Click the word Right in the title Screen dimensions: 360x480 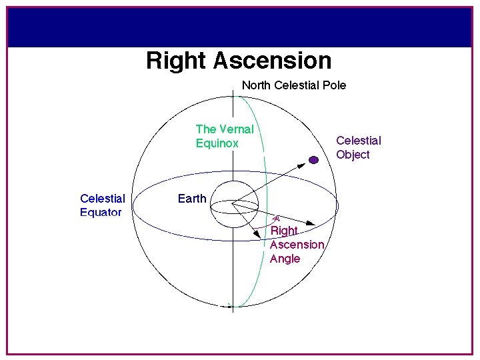(177, 61)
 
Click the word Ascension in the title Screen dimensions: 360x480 (273, 61)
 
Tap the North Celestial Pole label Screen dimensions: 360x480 (293, 85)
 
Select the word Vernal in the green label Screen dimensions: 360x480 (236, 129)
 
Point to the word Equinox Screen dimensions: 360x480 (217, 143)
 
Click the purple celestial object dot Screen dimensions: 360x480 (313, 159)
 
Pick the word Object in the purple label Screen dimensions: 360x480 (353, 155)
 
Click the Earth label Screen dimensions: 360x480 (192, 199)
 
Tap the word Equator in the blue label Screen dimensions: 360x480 (101, 213)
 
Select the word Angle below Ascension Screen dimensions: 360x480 (285, 259)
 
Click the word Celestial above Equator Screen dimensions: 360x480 (102, 199)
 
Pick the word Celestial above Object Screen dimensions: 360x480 (359, 141)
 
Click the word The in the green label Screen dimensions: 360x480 (206, 129)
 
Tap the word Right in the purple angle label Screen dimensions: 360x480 (284, 231)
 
